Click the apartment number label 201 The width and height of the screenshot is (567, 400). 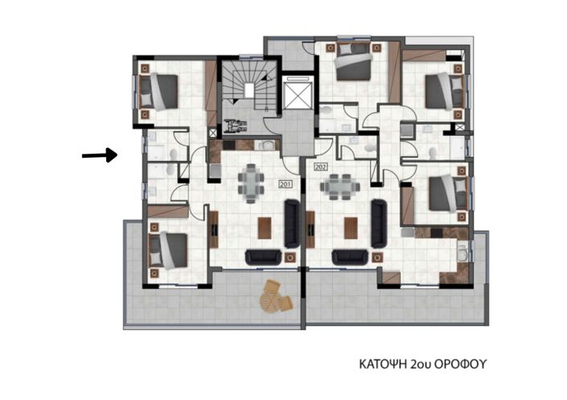coord(286,184)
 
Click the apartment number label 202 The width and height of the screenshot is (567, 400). coord(321,167)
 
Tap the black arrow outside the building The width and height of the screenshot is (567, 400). coord(100,155)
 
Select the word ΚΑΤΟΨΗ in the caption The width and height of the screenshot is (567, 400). coord(384,364)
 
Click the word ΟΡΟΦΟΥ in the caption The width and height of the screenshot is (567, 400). coord(460,364)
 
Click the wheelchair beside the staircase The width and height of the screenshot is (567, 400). coord(236,126)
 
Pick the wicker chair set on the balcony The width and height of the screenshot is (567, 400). coord(275,296)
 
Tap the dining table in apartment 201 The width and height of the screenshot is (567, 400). coord(251,184)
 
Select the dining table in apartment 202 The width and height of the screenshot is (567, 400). coord(340,188)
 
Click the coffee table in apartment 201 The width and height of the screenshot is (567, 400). coord(265,228)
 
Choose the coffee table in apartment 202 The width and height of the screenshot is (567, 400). coord(351,228)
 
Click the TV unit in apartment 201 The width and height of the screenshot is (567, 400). coord(214,229)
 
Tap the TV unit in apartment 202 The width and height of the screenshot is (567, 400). coord(310,229)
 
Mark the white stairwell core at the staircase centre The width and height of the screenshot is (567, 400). coord(249,90)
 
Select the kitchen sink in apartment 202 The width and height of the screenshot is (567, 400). coord(463,253)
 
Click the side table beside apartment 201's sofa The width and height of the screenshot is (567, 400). coord(290,258)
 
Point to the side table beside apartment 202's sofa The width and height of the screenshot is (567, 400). coord(377,258)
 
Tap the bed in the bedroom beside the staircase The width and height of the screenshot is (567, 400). coord(158,92)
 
